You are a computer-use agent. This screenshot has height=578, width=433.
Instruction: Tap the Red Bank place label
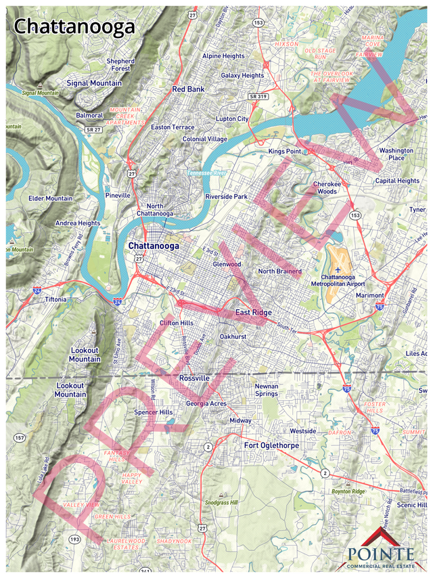point(187,89)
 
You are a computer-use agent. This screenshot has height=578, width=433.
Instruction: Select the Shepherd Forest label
point(120,64)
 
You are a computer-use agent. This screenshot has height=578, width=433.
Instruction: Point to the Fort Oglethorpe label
point(271,445)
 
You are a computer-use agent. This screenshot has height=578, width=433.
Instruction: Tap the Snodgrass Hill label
point(221,503)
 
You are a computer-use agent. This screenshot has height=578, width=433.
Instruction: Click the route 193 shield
point(73,538)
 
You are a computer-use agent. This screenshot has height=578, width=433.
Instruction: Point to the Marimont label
point(370,296)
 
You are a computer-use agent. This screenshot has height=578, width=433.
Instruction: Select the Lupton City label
point(232,118)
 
